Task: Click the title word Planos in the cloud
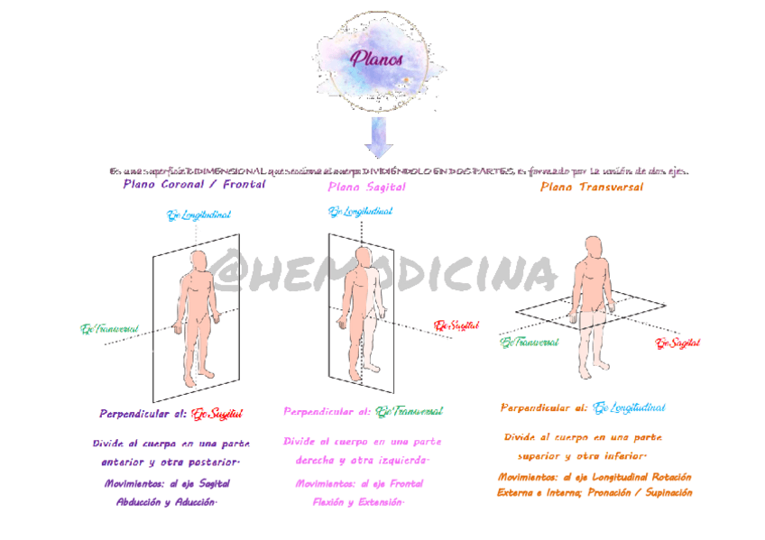pos(376,60)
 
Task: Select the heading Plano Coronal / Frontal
pos(194,184)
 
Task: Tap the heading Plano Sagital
pos(366,187)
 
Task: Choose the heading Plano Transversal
pos(592,187)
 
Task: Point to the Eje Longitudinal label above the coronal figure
pos(198,215)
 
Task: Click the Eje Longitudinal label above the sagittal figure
pos(360,212)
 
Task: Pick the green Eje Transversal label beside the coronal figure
pos(110,329)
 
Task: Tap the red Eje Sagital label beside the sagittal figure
pos(456,325)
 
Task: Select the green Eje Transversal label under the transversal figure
pos(530,343)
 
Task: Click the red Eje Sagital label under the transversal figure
pos(678,343)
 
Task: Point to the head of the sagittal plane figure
pos(362,256)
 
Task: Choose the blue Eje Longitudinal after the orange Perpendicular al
pos(629,407)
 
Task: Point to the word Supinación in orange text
pos(661,492)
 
